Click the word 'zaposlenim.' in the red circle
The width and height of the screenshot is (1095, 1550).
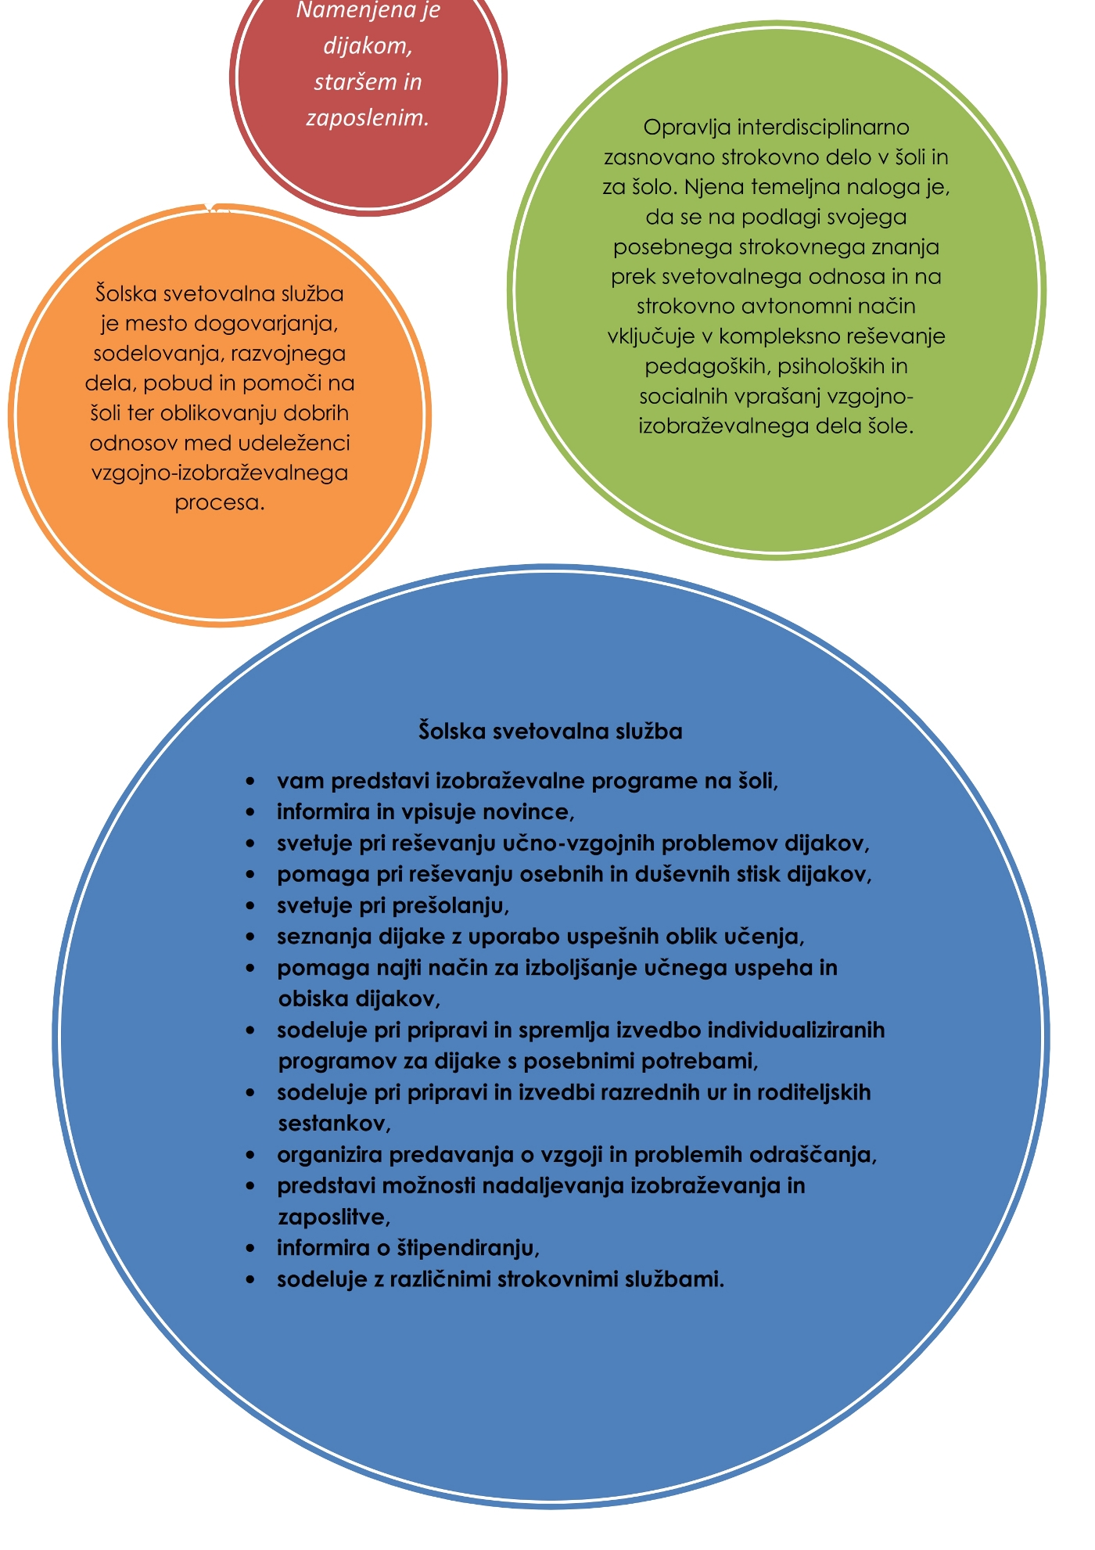pyautogui.click(x=368, y=119)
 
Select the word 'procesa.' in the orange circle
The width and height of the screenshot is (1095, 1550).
pyautogui.click(x=220, y=502)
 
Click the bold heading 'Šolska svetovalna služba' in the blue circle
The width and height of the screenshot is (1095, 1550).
pyautogui.click(x=551, y=732)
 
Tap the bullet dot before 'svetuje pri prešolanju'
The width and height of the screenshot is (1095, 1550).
pyautogui.click(x=250, y=906)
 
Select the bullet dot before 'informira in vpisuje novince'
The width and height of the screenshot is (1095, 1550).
pyautogui.click(x=250, y=813)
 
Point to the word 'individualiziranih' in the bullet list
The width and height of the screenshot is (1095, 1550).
pyautogui.click(x=791, y=1030)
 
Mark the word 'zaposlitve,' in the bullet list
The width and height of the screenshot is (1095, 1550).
pyautogui.click(x=334, y=1217)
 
